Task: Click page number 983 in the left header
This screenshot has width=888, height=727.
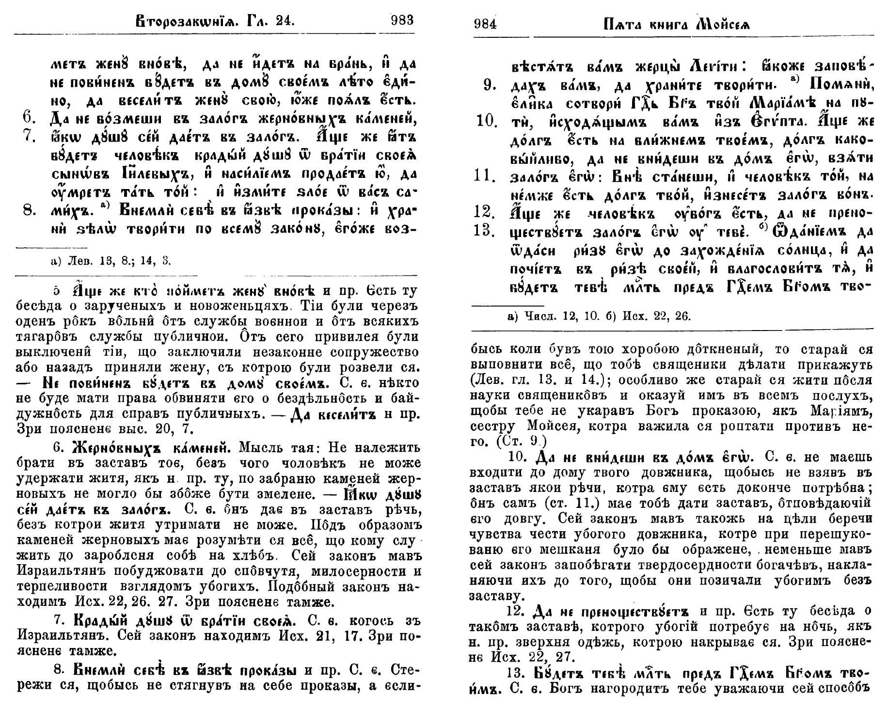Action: [x=402, y=20]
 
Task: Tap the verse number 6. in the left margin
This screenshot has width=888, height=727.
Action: [x=30, y=118]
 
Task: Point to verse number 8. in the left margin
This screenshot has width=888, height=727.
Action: [x=30, y=210]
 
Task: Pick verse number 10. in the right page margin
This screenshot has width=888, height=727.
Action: [x=486, y=121]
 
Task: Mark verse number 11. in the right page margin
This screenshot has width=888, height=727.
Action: [x=485, y=176]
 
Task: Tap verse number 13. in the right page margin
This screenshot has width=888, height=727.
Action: [x=485, y=231]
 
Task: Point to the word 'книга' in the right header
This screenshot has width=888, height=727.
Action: [x=669, y=24]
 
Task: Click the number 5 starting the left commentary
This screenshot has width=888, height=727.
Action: [x=56, y=292]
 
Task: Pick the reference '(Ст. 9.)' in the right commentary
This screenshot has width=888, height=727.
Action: [x=523, y=442]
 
